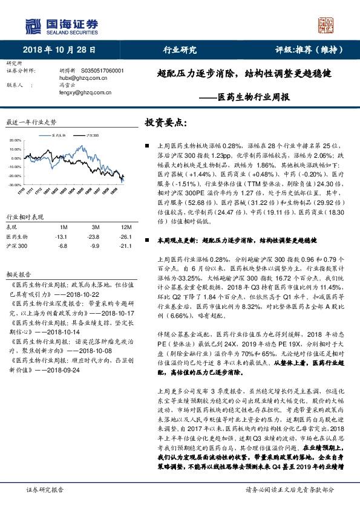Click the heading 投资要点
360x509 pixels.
coord(165,123)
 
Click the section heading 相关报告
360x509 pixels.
coord(16,273)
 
